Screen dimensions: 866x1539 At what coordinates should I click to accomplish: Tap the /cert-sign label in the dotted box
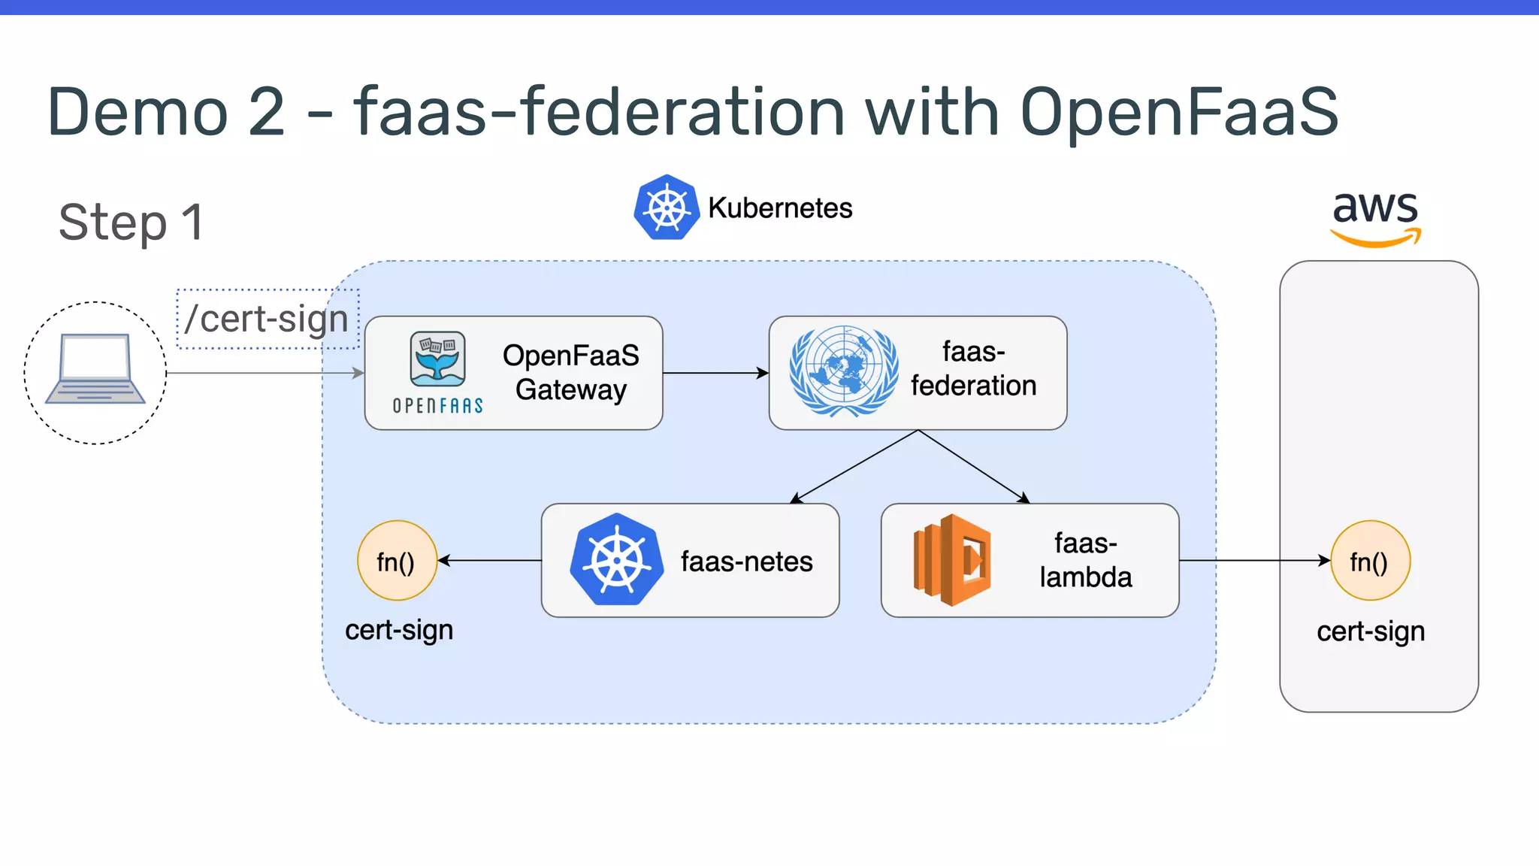(x=268, y=319)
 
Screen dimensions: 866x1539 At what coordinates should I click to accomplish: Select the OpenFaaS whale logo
(x=437, y=359)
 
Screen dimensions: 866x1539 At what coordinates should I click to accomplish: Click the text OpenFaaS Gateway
(x=570, y=372)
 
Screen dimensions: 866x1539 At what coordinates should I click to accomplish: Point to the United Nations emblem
(x=843, y=371)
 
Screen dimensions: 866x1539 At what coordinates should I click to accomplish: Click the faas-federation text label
(x=973, y=369)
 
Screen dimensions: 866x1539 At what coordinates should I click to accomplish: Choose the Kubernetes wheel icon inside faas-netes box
(x=616, y=560)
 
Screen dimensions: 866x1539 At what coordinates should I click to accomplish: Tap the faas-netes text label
(x=746, y=562)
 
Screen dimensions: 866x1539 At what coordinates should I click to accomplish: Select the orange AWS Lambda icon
(x=952, y=560)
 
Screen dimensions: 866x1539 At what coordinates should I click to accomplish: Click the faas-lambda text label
(x=1085, y=560)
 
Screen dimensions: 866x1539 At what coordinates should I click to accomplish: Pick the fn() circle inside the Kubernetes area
(x=397, y=561)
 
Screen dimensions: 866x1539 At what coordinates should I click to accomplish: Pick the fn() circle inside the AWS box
(x=1370, y=561)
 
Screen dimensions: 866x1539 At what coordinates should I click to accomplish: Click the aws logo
(x=1375, y=216)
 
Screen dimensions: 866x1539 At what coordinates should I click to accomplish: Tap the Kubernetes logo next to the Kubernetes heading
(x=666, y=207)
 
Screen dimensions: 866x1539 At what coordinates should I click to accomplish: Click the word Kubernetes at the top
(x=780, y=208)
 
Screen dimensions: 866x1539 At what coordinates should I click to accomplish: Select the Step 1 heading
(x=131, y=223)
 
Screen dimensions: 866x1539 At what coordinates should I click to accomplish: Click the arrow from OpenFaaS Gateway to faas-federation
(x=715, y=373)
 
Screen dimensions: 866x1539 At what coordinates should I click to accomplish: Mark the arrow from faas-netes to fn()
(x=489, y=561)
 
